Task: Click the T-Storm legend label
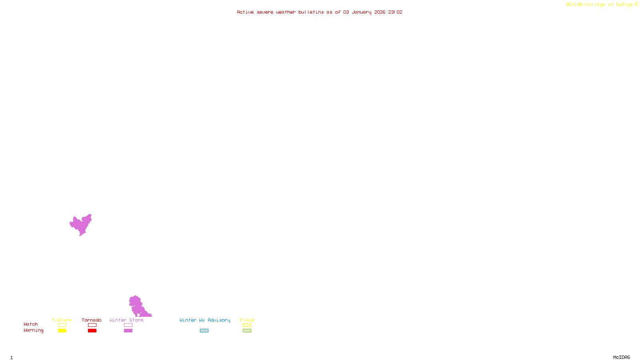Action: [x=62, y=320]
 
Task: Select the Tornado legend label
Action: [x=92, y=320]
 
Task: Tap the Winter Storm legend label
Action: [x=126, y=320]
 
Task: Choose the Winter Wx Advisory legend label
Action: [x=205, y=320]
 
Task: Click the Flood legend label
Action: [x=247, y=320]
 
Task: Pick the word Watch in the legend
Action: [x=31, y=324]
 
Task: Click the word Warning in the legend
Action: [x=33, y=330]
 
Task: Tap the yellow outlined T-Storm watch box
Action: [x=62, y=325]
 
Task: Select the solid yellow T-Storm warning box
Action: [x=62, y=331]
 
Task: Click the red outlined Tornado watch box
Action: [x=92, y=325]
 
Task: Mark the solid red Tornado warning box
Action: [x=92, y=331]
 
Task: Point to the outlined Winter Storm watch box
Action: [x=128, y=325]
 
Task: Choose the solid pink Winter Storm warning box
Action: [x=128, y=331]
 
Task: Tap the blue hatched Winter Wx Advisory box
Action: [x=204, y=331]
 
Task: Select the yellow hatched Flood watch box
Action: [x=247, y=325]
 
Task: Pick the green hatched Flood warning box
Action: [x=247, y=331]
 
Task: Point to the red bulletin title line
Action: [x=319, y=12]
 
